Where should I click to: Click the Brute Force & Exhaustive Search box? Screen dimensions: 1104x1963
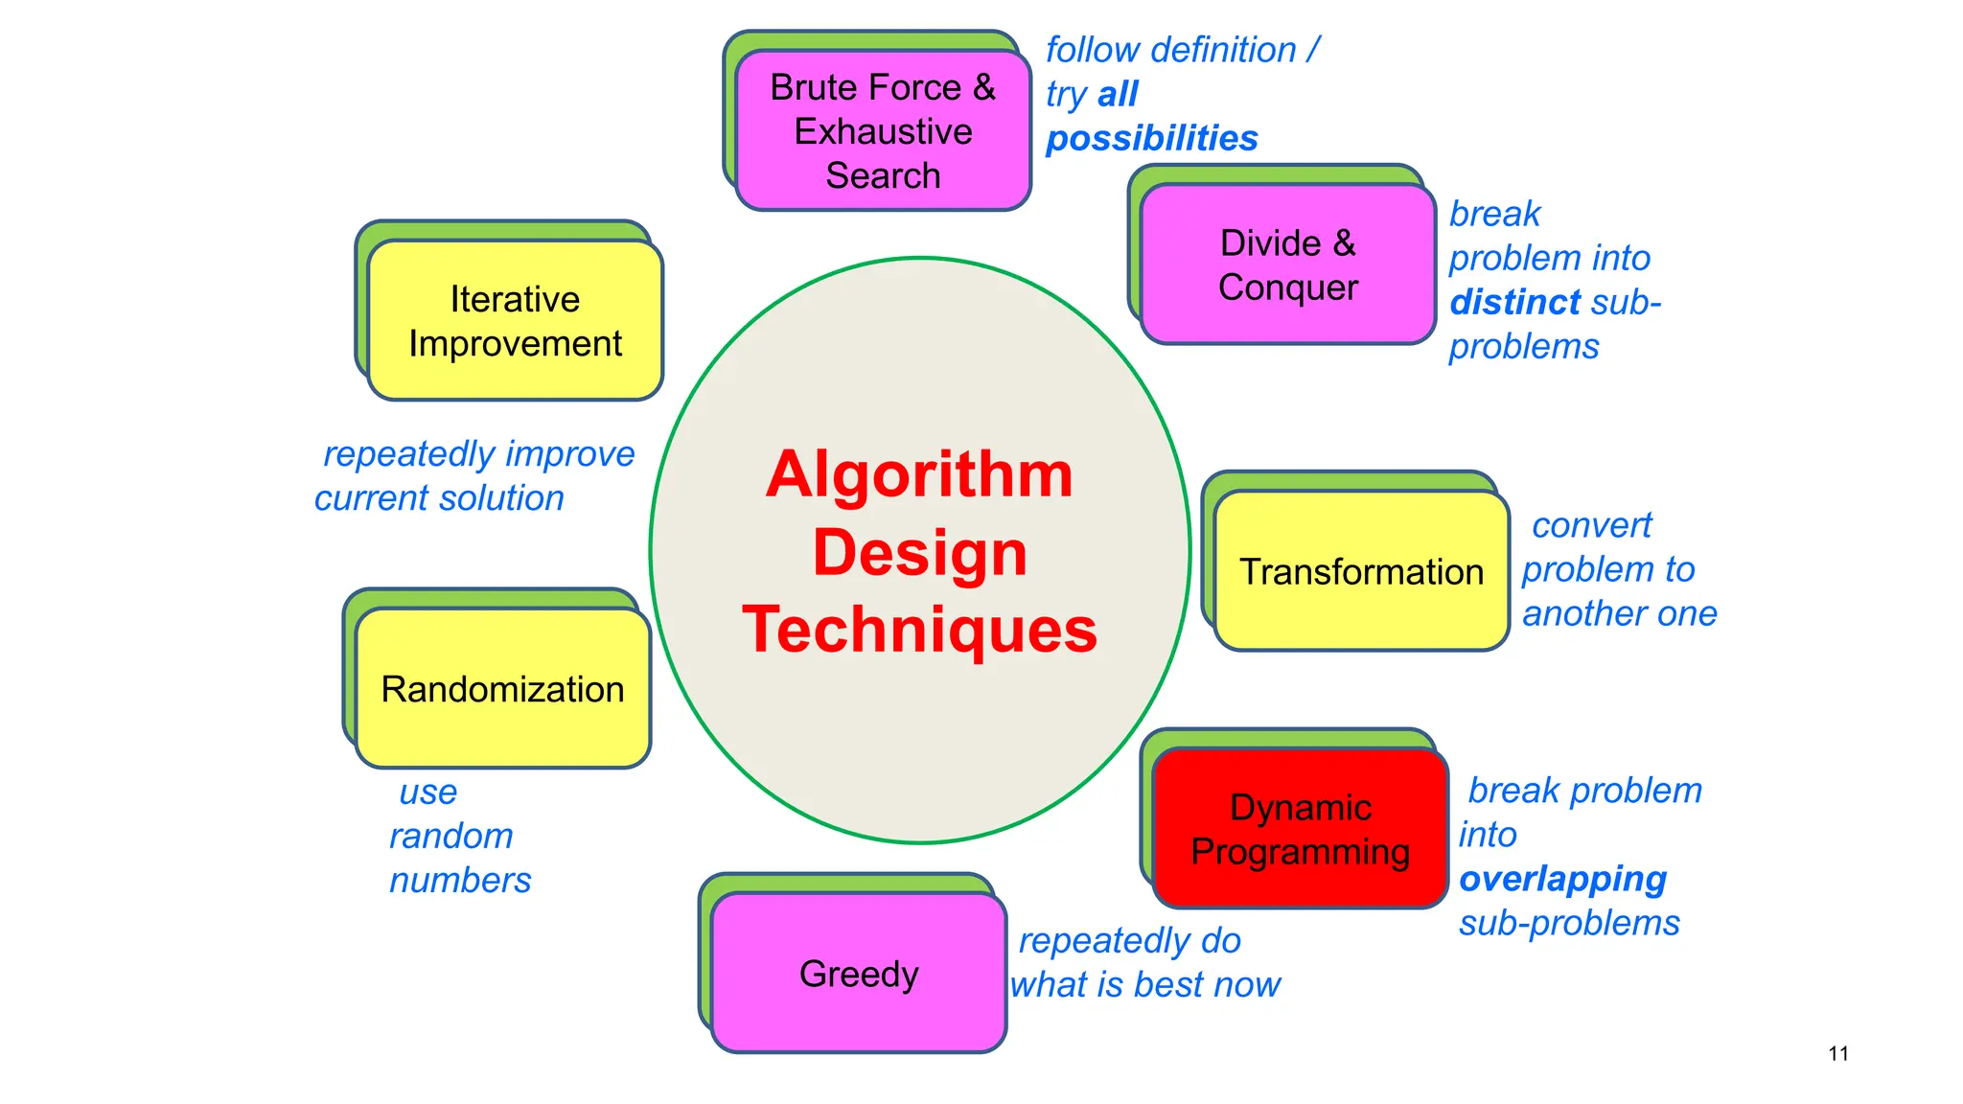[883, 130]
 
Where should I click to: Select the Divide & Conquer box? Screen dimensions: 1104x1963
[1288, 264]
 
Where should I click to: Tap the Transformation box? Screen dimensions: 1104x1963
[1361, 571]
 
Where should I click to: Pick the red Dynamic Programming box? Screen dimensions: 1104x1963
[1300, 829]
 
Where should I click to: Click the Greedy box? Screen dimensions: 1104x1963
[859, 974]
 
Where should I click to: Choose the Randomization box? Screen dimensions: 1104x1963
[502, 689]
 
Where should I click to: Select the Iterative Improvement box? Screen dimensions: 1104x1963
[515, 321]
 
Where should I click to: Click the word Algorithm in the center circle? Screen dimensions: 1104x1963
[919, 474]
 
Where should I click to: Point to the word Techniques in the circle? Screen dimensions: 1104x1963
[919, 630]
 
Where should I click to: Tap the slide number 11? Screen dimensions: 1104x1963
[1837, 1054]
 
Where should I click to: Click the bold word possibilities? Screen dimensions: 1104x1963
[1151, 139]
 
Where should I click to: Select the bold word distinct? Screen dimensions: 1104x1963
[1514, 303]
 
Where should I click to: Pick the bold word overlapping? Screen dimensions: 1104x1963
[1562, 879]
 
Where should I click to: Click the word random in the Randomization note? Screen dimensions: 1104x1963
[450, 837]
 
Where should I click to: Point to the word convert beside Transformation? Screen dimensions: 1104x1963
[1591, 525]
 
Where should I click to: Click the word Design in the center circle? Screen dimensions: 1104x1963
[919, 553]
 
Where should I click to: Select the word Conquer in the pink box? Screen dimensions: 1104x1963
[1288, 287]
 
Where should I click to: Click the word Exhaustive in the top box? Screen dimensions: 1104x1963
[883, 131]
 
